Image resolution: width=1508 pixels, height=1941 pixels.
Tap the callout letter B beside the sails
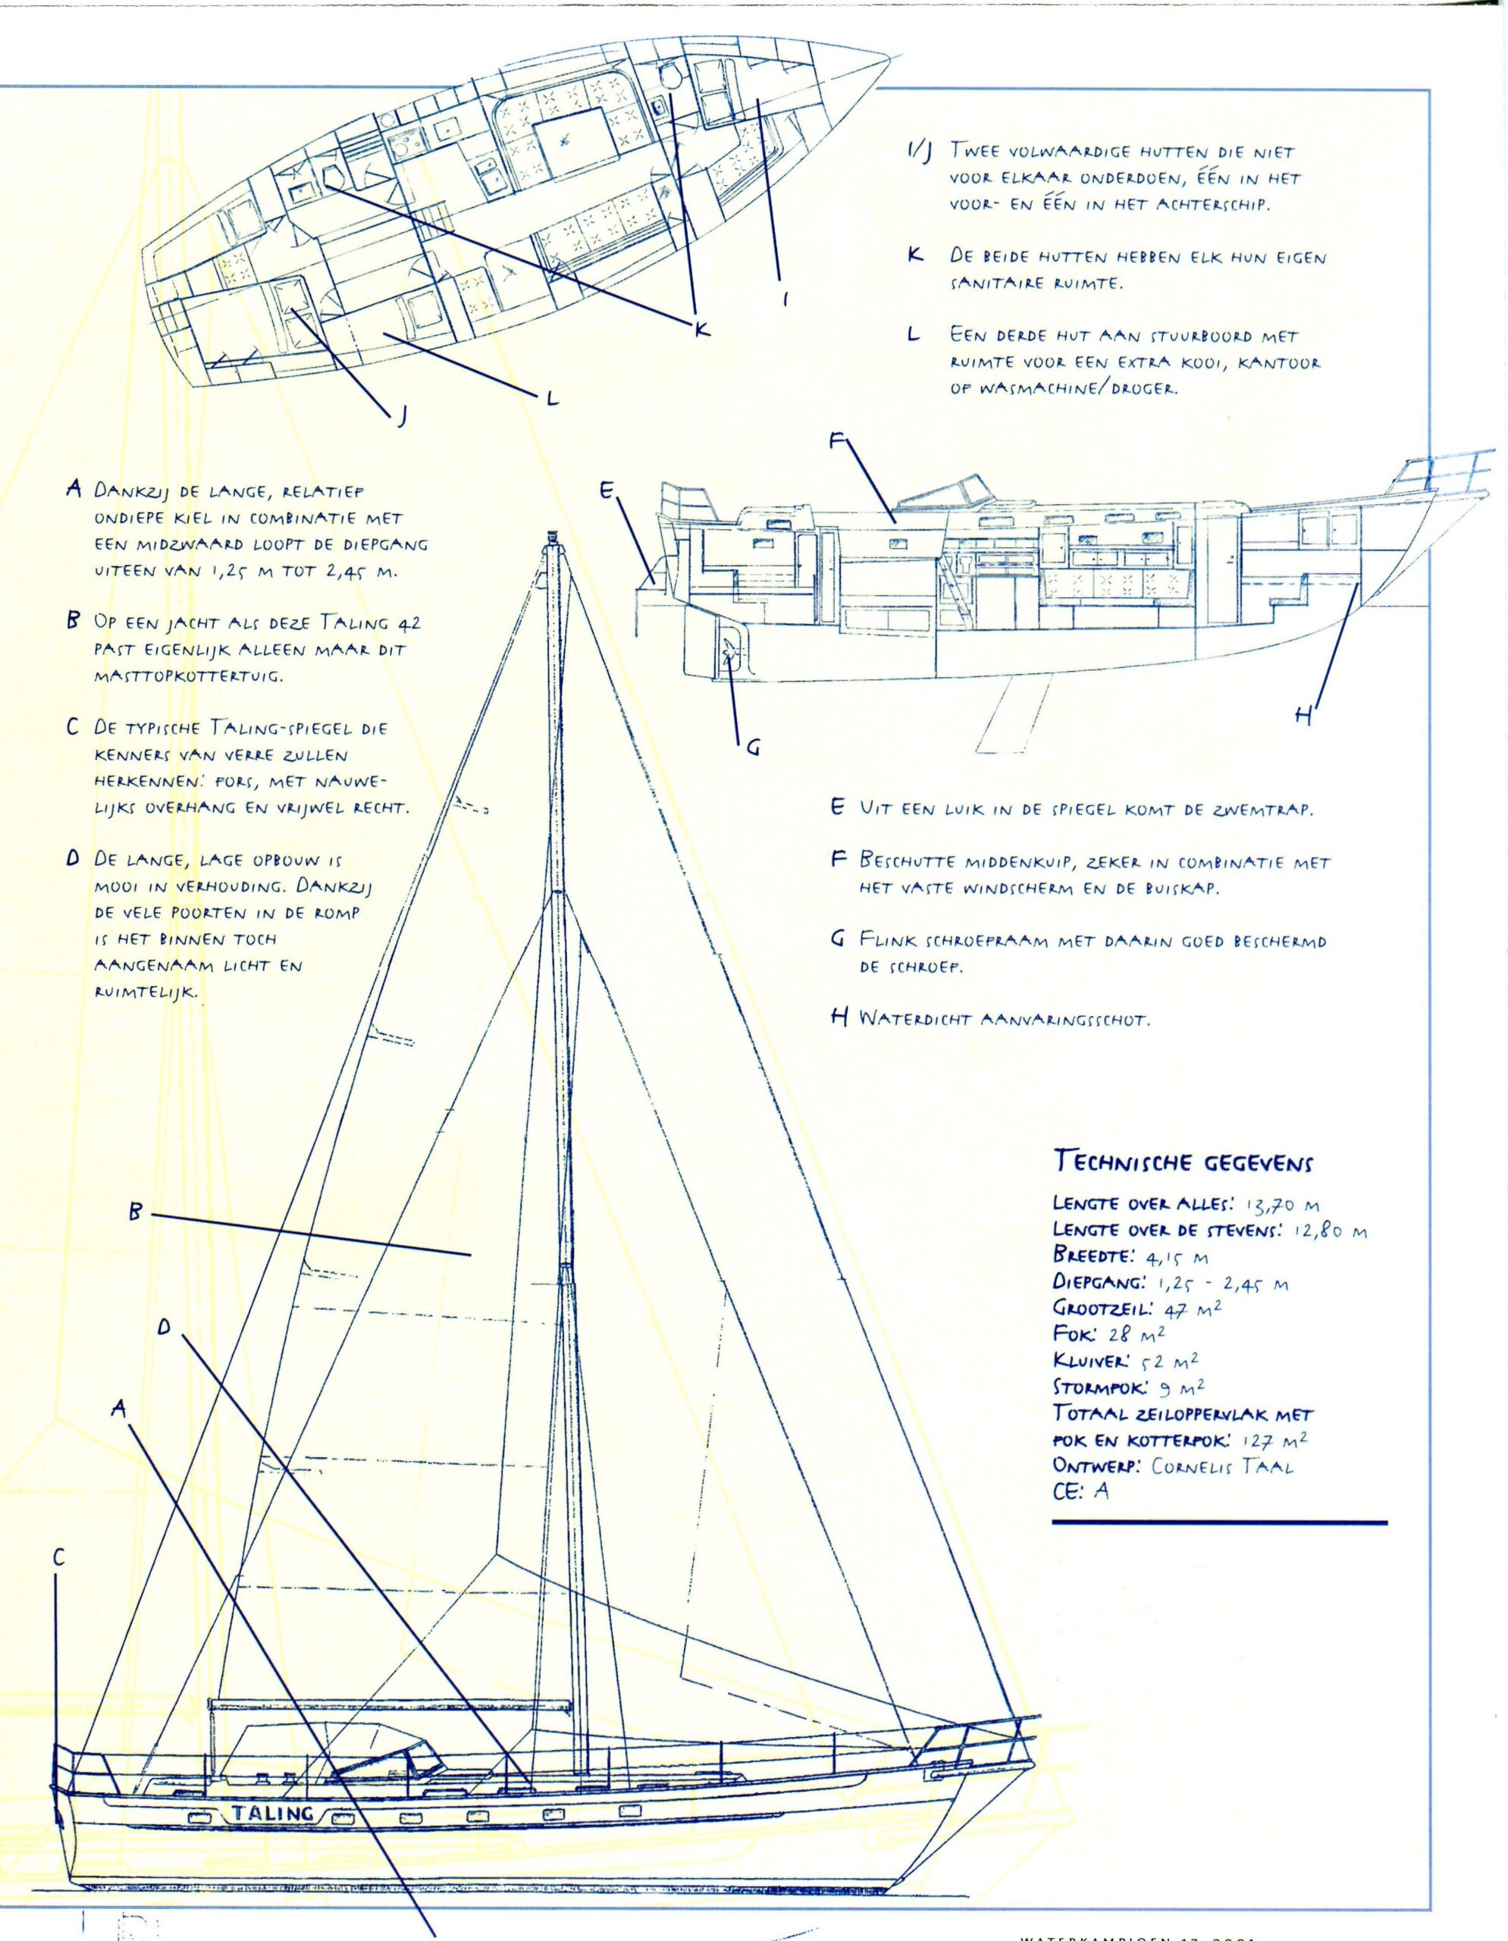pos(136,1212)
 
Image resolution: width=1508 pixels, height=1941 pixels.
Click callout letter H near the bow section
pos(1303,717)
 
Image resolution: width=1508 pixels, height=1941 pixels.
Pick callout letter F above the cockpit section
pos(837,444)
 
